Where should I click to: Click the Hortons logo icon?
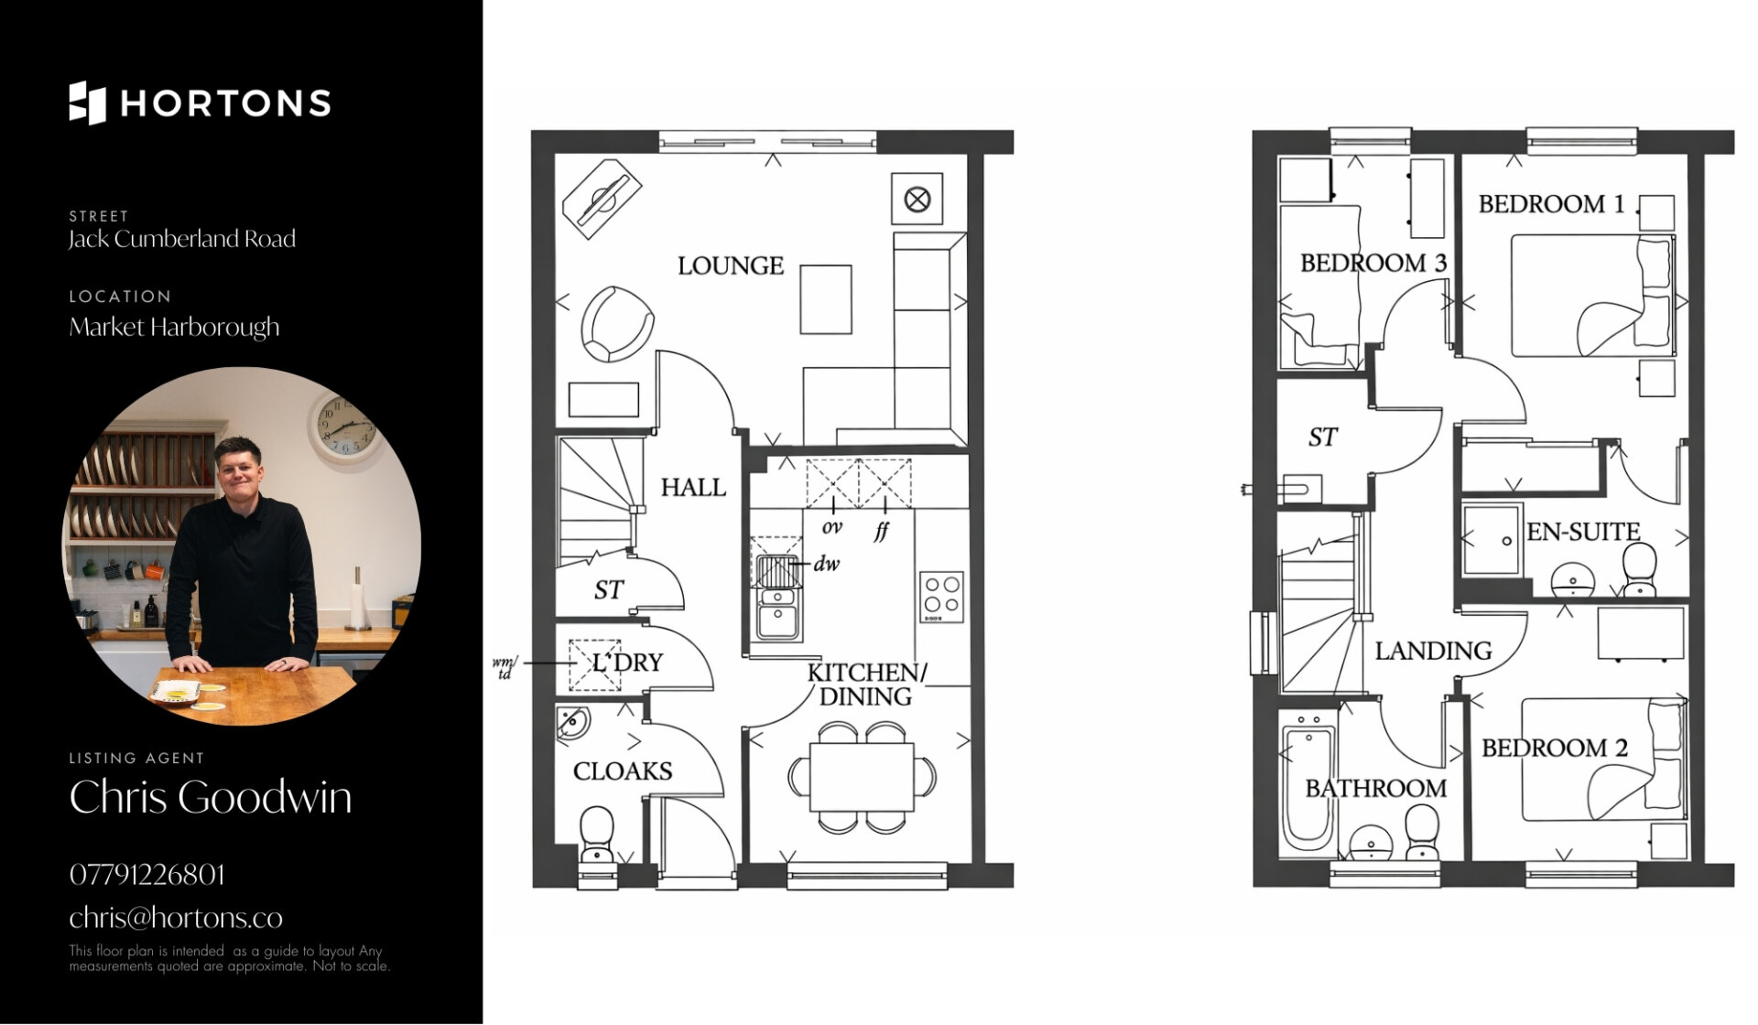[x=87, y=102]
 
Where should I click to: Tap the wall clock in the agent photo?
[x=343, y=426]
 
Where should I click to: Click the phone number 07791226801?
[x=146, y=875]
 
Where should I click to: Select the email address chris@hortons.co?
[x=176, y=918]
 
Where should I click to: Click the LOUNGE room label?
[x=731, y=266]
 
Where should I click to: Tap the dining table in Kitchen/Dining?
[x=862, y=777]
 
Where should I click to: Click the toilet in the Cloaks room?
[x=596, y=834]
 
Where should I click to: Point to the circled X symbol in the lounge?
[x=917, y=199]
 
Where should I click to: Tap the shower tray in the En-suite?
[x=1492, y=539]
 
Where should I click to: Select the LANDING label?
[x=1433, y=651]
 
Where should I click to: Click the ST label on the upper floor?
[x=1322, y=437]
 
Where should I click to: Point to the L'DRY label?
[x=627, y=662]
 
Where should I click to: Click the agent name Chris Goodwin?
[x=211, y=797]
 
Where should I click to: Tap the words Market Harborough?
[x=174, y=328]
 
